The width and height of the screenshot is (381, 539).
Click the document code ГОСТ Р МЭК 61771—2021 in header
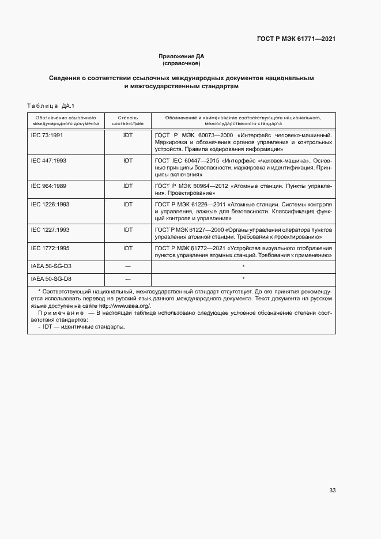[x=296, y=39]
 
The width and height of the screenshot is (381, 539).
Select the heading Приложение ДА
[x=182, y=56]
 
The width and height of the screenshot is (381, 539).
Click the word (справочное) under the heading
[x=182, y=63]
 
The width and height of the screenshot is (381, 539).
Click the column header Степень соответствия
[x=127, y=120]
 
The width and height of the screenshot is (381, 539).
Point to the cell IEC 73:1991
[x=47, y=134]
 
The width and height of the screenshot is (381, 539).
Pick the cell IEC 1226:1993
[x=50, y=205]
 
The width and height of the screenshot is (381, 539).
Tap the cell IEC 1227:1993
[x=50, y=230]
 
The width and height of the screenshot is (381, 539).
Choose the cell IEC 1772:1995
[x=50, y=248]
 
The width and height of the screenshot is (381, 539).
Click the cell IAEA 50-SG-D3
[x=51, y=266]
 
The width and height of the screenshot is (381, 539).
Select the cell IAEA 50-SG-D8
[x=51, y=278]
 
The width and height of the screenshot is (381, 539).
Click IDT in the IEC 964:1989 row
[x=127, y=186]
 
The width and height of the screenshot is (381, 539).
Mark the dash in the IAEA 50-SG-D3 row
[x=127, y=266]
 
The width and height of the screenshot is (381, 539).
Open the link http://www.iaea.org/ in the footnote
[x=125, y=306]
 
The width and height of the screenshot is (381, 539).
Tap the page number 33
[x=332, y=491]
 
